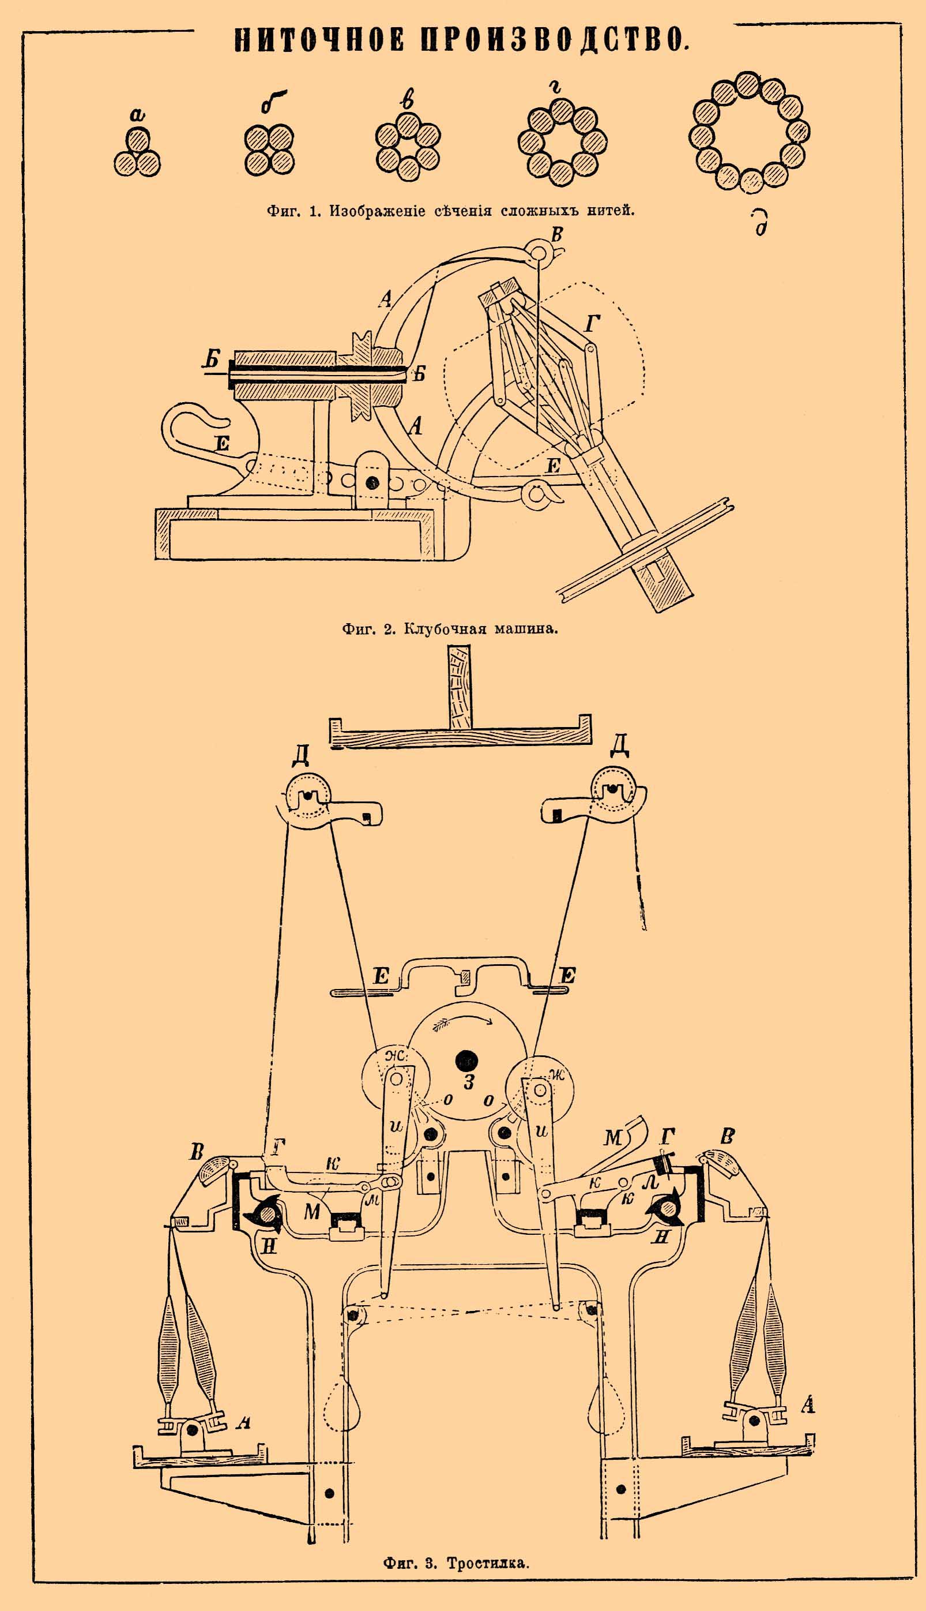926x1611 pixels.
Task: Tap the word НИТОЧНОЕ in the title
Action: [319, 39]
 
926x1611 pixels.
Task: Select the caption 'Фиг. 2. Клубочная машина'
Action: [450, 630]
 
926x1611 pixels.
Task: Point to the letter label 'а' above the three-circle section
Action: [137, 115]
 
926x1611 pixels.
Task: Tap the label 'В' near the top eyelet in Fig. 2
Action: [557, 235]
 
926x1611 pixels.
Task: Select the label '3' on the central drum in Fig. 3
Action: [469, 1082]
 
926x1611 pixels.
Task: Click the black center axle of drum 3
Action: [466, 1060]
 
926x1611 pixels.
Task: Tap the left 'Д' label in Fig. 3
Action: [301, 755]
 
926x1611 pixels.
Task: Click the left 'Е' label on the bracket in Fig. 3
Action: [381, 977]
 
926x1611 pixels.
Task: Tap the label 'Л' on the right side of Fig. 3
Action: [649, 1181]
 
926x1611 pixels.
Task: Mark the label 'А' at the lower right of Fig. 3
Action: [807, 1404]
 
